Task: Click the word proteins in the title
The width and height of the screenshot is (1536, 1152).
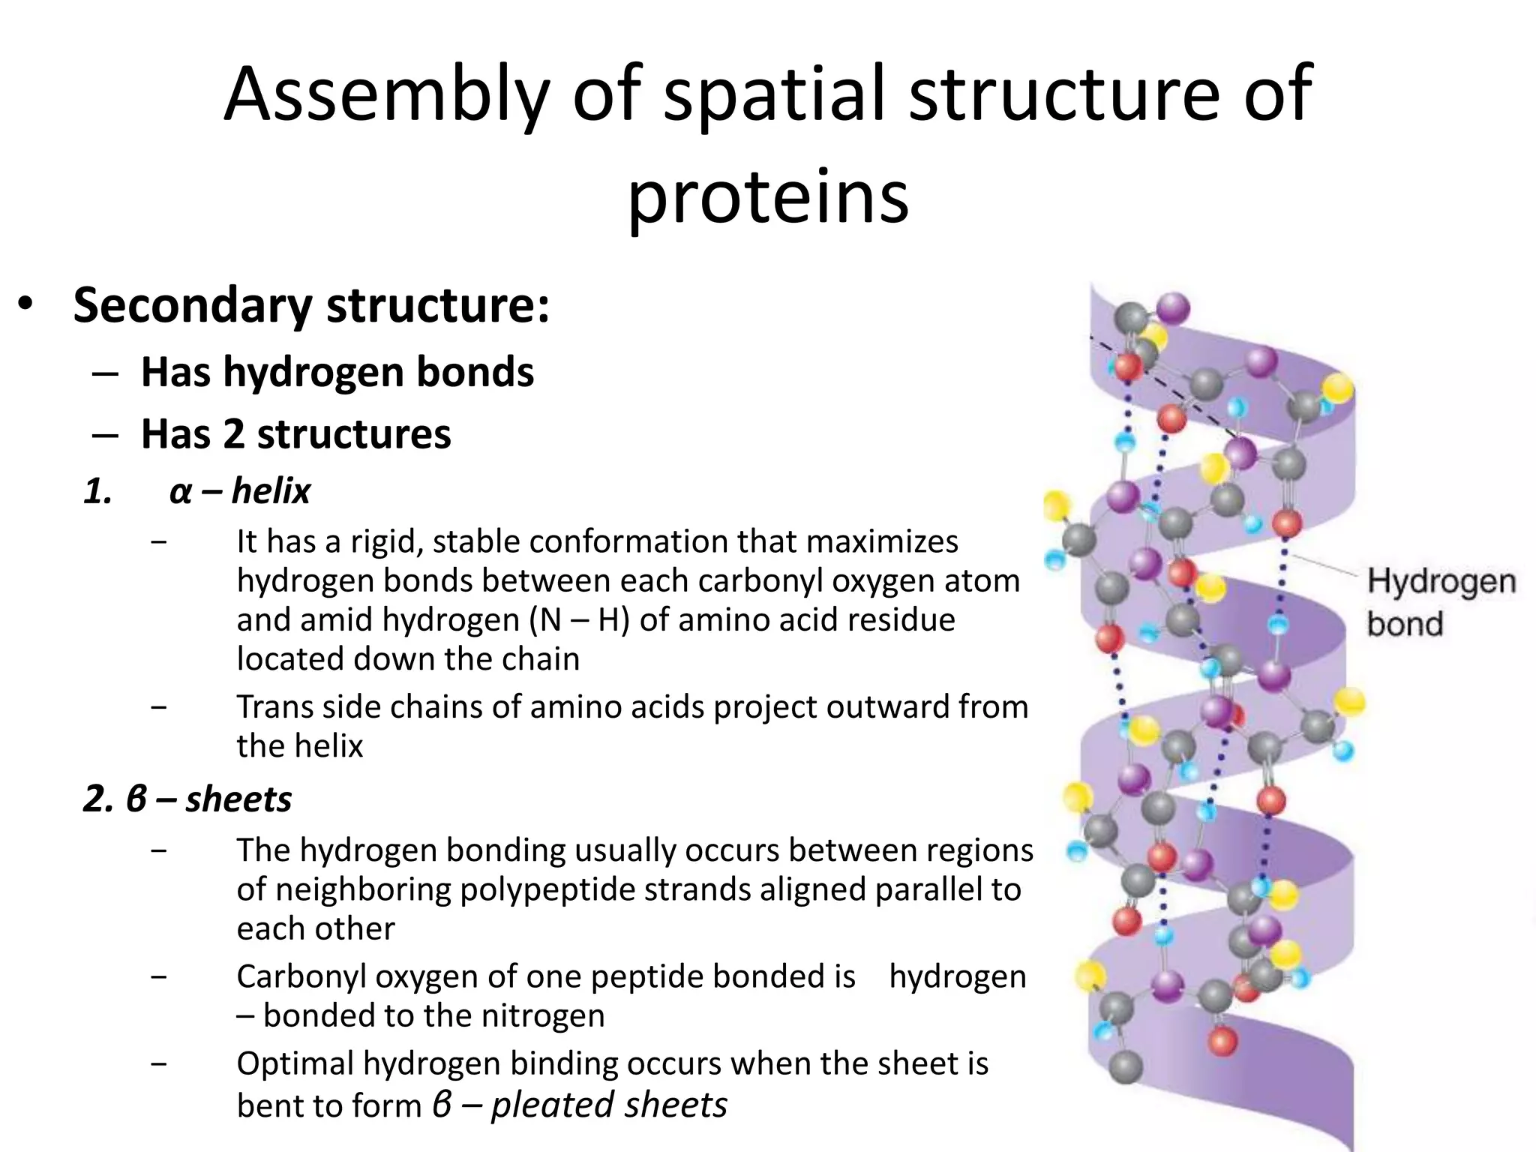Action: [x=767, y=196]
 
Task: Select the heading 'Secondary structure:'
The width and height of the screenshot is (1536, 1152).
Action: [x=311, y=306]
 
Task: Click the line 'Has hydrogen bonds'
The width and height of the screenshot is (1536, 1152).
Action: [x=337, y=372]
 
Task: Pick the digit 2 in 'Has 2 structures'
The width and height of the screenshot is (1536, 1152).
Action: [x=234, y=434]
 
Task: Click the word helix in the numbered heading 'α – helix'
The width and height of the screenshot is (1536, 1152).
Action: [x=271, y=491]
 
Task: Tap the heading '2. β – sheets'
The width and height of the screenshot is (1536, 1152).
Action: [x=187, y=799]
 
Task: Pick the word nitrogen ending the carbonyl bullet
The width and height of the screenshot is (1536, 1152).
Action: [x=542, y=1015]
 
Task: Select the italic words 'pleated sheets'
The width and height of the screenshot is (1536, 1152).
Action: [x=609, y=1105]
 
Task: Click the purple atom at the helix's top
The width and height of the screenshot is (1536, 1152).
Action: [x=1172, y=308]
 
